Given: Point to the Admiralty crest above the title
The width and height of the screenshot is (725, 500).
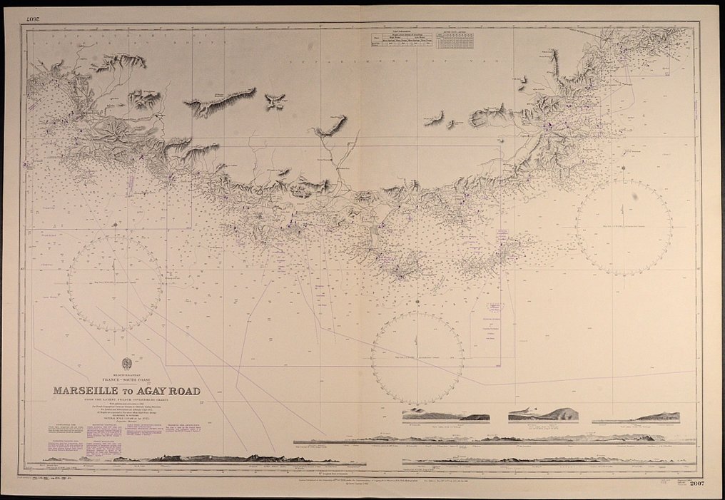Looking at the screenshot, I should tap(127, 362).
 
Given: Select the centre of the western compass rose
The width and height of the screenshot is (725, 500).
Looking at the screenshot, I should tap(114, 284).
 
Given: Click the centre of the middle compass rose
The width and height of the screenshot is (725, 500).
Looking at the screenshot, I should tap(417, 358).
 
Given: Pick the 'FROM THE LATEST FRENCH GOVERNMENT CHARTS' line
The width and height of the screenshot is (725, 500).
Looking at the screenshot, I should tap(127, 399).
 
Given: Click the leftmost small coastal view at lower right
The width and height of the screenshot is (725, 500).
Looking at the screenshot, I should tap(446, 415).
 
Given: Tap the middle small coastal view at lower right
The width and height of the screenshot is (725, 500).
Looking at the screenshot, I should tap(544, 414).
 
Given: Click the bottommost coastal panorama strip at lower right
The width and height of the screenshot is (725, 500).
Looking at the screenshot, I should tap(546, 459).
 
